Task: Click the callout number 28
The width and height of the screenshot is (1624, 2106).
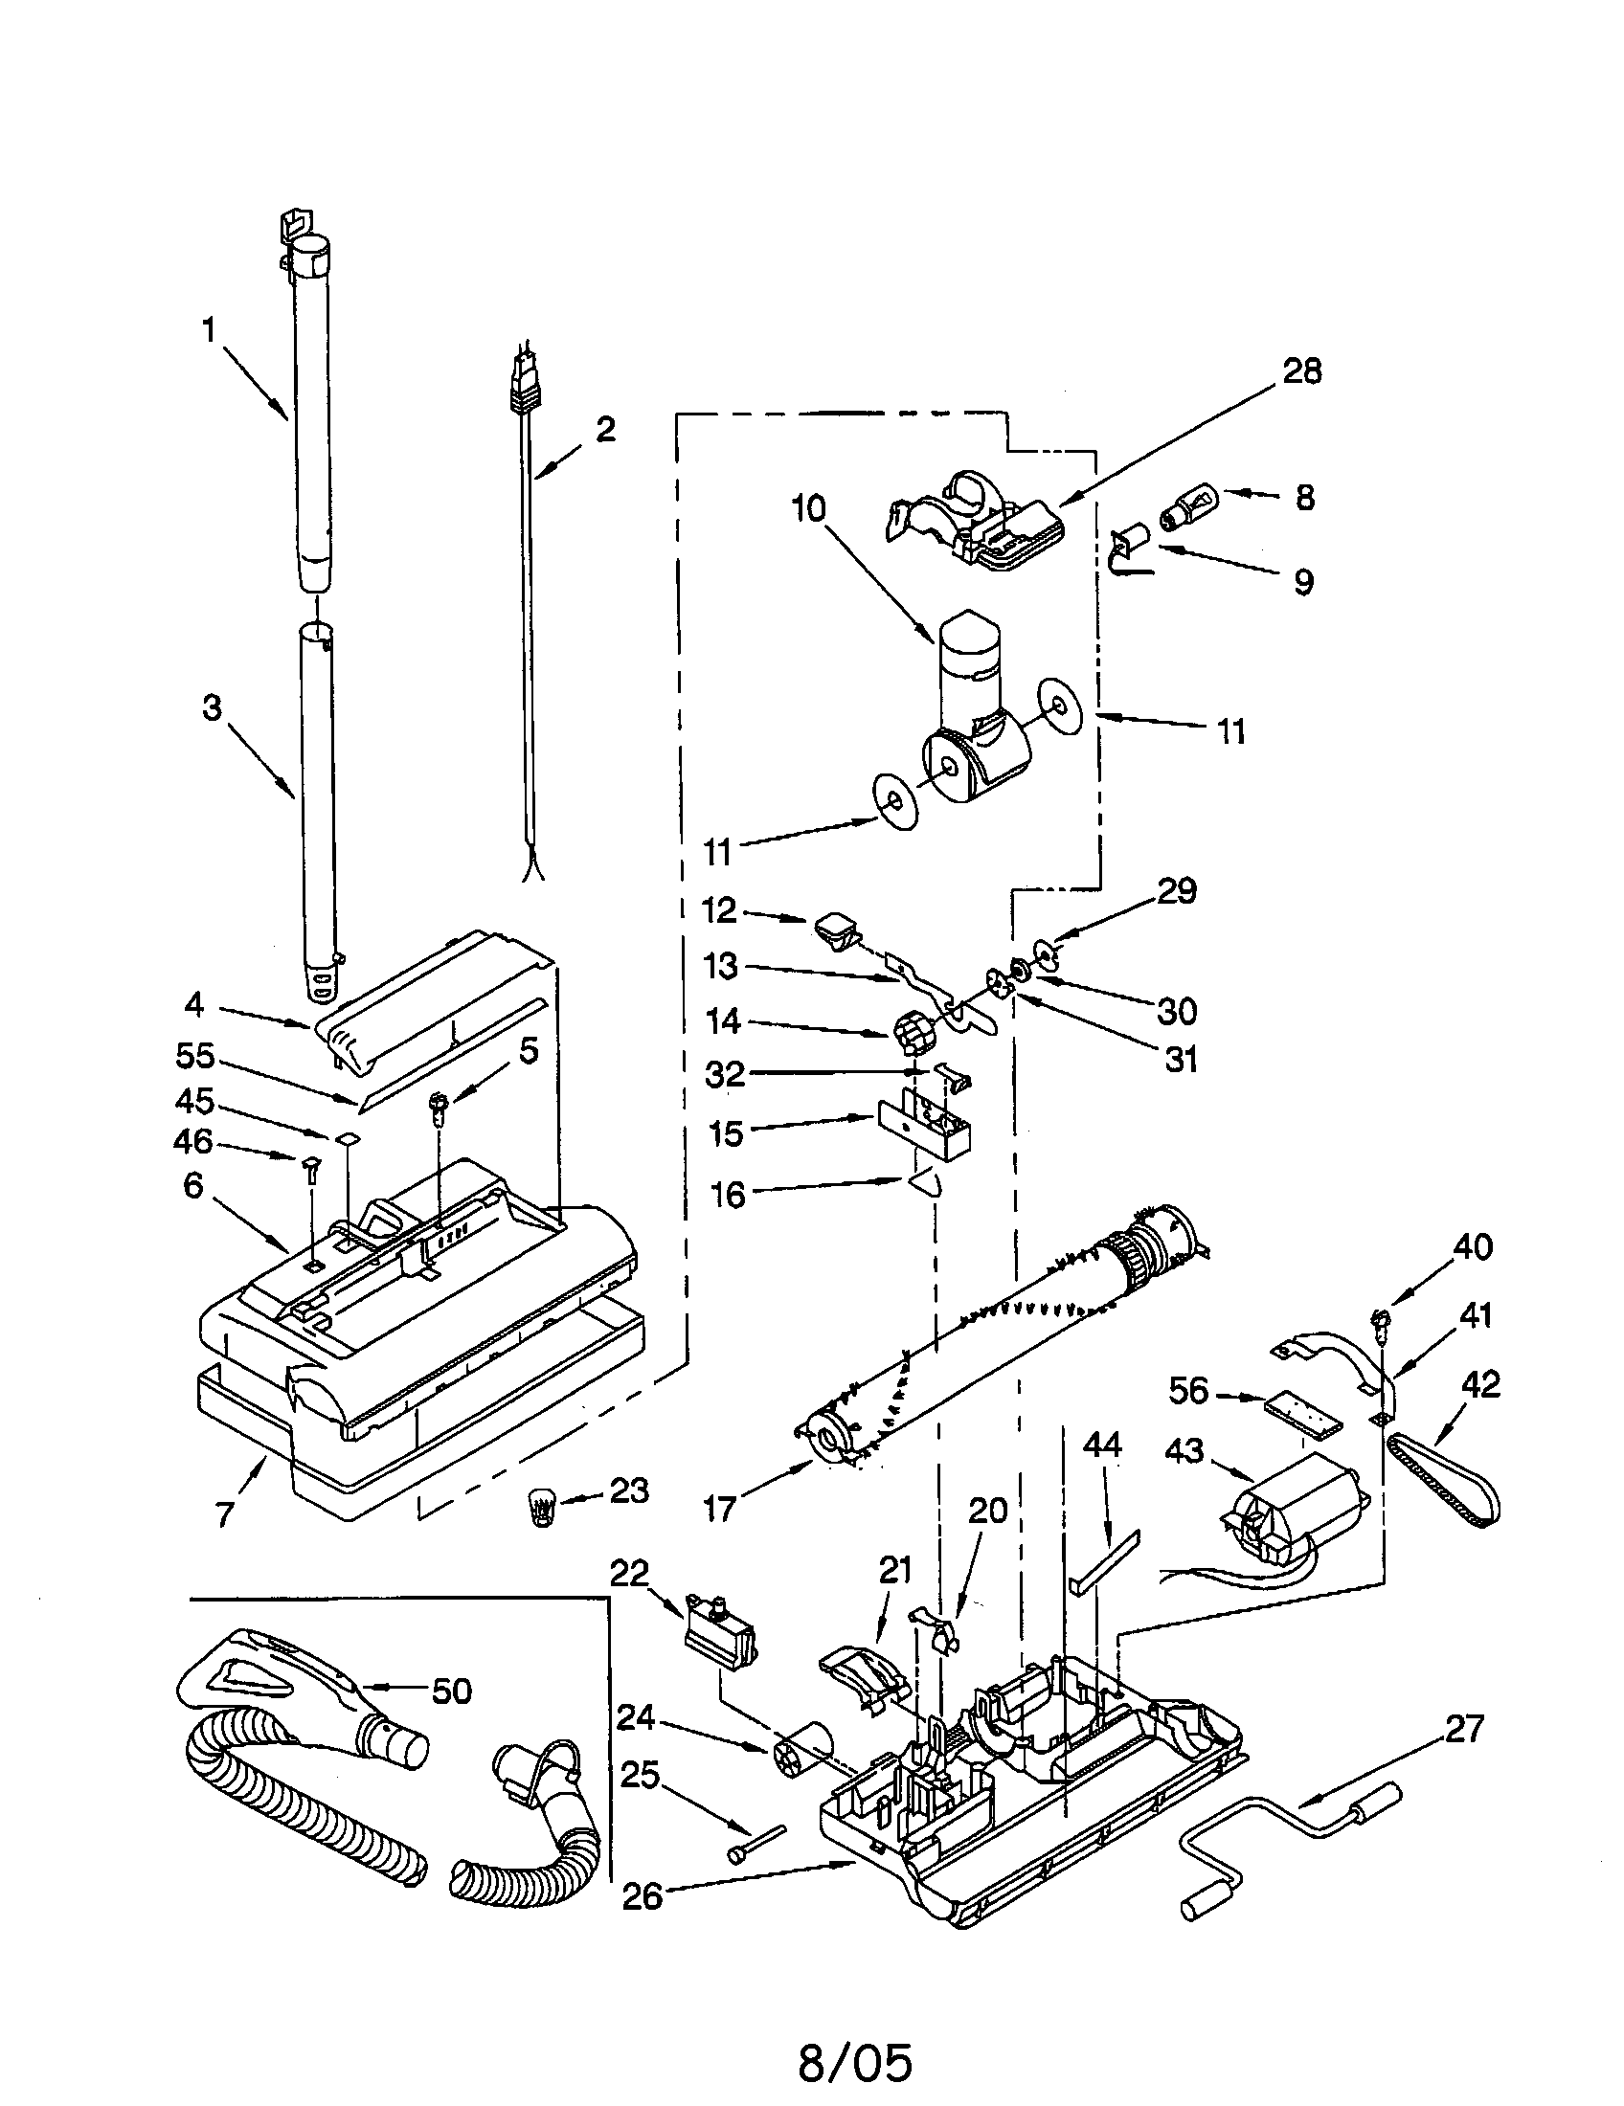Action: [x=1301, y=371]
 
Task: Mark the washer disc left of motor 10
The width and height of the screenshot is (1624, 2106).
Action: [x=894, y=799]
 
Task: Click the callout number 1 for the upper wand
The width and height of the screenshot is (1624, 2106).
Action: [x=209, y=331]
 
